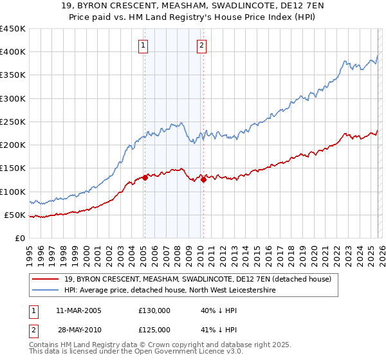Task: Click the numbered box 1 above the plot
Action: (x=142, y=45)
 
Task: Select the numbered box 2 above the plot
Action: (x=202, y=45)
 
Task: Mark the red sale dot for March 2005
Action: (x=145, y=178)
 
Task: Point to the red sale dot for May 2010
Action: (x=204, y=180)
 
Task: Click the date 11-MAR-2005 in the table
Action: (x=78, y=310)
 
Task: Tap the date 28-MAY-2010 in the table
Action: (x=78, y=329)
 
